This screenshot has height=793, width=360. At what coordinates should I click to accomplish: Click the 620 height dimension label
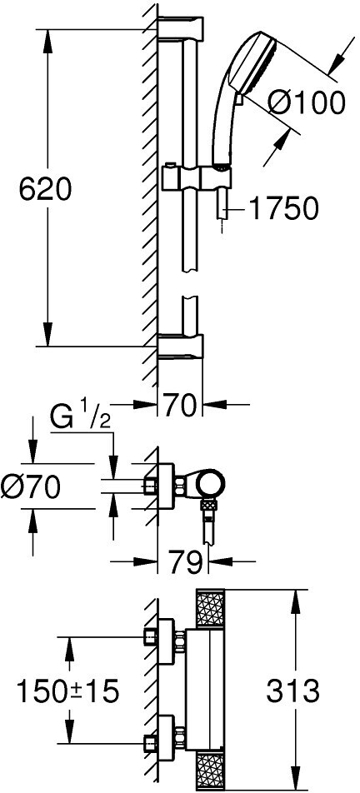[46, 191]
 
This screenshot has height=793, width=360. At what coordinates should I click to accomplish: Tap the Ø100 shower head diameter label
[306, 103]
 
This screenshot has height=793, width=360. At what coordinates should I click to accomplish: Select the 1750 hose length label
[284, 208]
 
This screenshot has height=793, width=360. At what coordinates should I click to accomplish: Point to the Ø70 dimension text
[31, 487]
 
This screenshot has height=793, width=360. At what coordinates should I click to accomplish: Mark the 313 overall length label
[292, 691]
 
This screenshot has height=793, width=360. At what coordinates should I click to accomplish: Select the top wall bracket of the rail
[181, 29]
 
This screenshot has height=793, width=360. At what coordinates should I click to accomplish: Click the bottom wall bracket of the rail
[181, 347]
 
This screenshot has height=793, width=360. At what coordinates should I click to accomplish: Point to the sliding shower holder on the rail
[197, 177]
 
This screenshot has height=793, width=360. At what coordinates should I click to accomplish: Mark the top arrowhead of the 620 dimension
[47, 42]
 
